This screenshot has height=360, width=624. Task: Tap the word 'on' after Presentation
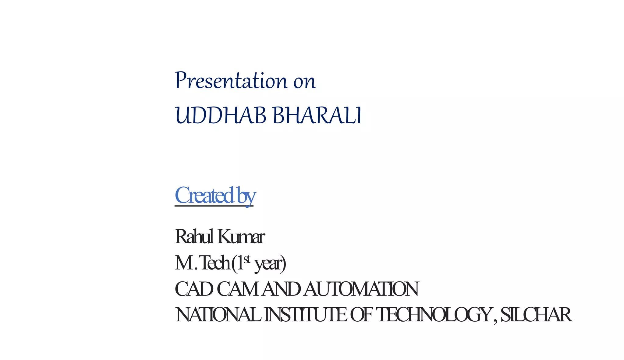click(305, 82)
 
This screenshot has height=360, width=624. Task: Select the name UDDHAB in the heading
click(221, 116)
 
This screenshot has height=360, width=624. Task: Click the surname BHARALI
click(317, 116)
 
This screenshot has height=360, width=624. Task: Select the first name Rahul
click(194, 236)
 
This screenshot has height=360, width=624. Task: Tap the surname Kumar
click(241, 237)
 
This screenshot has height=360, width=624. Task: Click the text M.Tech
click(202, 263)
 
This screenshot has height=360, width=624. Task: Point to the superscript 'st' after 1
click(247, 259)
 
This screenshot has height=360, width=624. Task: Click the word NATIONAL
click(218, 315)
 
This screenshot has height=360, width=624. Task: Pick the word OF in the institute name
click(361, 315)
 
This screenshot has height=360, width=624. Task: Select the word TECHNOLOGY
click(434, 315)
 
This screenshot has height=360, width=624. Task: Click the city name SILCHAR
click(536, 315)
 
